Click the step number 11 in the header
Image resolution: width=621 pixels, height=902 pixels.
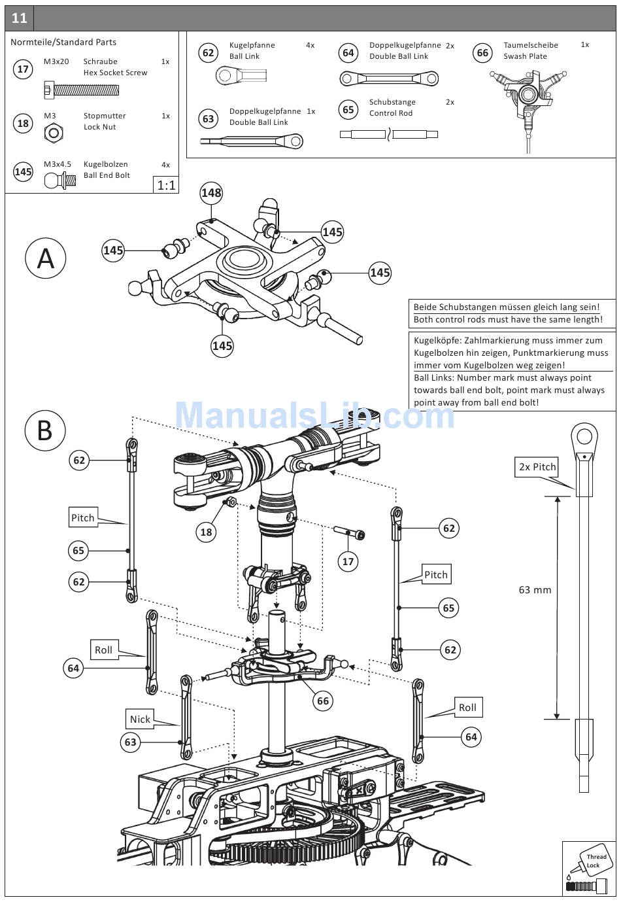tap(19, 18)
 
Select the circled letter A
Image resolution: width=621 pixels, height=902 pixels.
tap(45, 258)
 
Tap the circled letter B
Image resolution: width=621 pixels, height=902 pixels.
tap(45, 431)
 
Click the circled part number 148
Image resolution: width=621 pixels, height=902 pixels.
tap(211, 193)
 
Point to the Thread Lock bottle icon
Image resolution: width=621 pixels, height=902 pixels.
tap(588, 869)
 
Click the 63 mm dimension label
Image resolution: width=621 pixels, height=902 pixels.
tap(535, 590)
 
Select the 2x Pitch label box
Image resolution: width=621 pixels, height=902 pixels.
tap(537, 467)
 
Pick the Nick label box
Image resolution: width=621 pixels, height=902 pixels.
tap(140, 719)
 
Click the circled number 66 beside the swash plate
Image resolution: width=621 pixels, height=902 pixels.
tap(323, 701)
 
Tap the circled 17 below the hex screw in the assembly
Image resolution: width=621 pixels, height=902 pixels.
tap(348, 561)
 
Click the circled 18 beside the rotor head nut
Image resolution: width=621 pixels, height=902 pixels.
tap(206, 532)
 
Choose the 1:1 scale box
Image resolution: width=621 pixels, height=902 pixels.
tap(166, 185)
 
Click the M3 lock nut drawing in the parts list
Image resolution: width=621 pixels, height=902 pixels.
tap(54, 134)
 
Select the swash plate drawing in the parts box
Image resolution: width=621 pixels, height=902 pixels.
tap(528, 98)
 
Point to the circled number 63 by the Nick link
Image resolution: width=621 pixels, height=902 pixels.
tap(131, 742)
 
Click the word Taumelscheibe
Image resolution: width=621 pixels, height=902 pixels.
tap(530, 45)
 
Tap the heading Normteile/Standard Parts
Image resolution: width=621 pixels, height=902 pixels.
tap(63, 42)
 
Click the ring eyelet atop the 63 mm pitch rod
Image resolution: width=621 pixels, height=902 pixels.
tap(584, 436)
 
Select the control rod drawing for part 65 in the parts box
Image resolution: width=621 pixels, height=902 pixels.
tap(389, 135)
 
